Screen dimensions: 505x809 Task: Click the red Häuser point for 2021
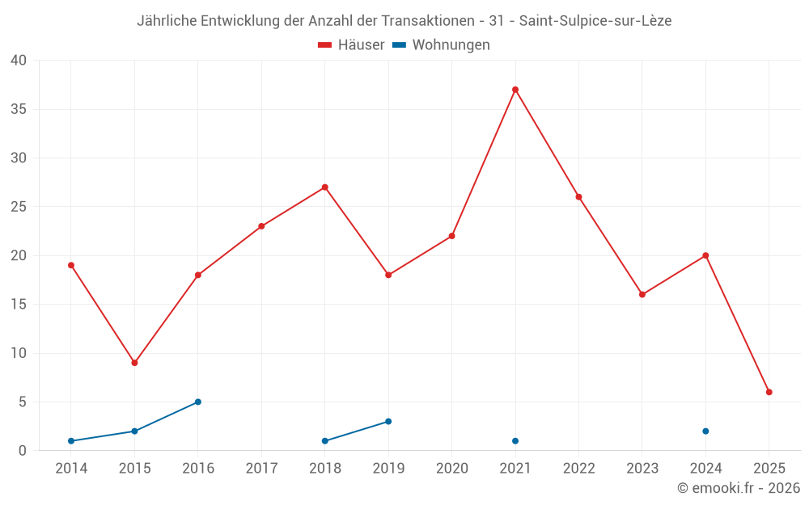(x=515, y=90)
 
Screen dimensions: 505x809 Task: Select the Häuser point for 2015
(x=134, y=363)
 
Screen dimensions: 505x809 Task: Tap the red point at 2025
(x=769, y=392)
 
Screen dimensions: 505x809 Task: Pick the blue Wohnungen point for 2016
(x=198, y=402)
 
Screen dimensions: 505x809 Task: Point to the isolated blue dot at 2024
(x=705, y=431)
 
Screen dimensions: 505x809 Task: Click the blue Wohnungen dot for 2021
(x=515, y=441)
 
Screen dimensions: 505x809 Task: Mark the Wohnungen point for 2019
(x=388, y=421)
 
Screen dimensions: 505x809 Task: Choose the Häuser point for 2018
(x=325, y=187)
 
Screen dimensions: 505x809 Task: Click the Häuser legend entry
(x=351, y=45)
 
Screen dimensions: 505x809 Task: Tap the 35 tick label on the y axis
(x=19, y=109)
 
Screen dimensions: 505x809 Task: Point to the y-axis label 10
(x=19, y=353)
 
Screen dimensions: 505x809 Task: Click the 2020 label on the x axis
(x=451, y=469)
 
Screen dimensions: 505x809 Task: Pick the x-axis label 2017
(x=261, y=469)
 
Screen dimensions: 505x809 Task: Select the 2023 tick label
(x=642, y=469)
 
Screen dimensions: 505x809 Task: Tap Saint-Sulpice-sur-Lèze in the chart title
(x=595, y=20)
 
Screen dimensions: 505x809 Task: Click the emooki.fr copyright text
(x=739, y=488)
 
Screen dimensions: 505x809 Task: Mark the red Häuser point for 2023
(x=642, y=294)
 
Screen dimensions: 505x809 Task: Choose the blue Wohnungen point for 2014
(x=71, y=441)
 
